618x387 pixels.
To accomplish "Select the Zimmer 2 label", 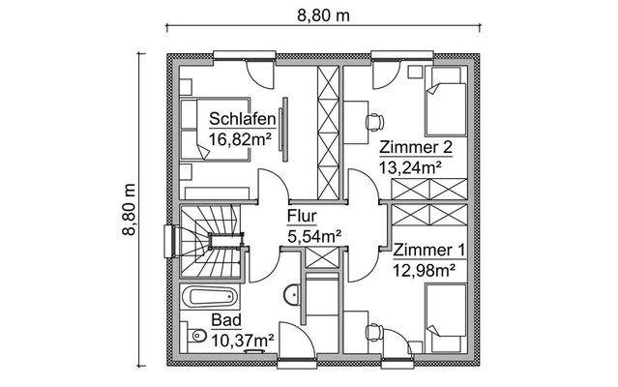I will click(415, 148).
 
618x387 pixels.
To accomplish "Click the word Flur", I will click(300, 217).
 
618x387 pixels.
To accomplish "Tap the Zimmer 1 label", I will click(428, 251).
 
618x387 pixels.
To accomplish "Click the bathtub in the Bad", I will click(209, 294).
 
